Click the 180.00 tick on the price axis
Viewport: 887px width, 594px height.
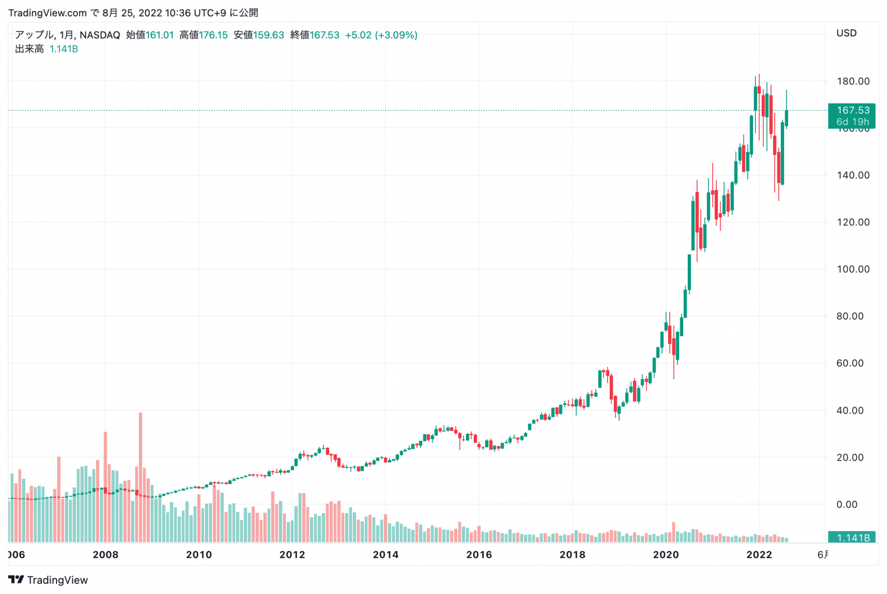coord(853,81)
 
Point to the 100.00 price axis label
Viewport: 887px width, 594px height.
coord(853,269)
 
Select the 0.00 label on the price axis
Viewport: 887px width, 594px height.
coord(847,504)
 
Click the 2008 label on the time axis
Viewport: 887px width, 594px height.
coord(105,555)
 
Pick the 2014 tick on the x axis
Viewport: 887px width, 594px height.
coord(385,555)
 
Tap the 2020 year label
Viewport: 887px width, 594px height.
coord(665,555)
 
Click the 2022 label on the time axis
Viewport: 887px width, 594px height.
coord(759,555)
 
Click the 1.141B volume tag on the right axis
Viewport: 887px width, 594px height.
coord(852,538)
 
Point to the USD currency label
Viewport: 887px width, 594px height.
coord(847,33)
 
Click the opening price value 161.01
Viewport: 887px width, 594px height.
coord(159,35)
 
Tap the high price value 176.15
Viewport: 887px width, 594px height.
coord(213,35)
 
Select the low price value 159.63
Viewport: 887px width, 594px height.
coord(269,35)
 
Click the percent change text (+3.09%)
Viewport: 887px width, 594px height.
coord(396,35)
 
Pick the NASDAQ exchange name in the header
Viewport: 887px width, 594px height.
coord(100,35)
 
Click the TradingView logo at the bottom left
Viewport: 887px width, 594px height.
coord(48,580)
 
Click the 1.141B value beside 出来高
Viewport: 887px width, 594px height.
coord(64,49)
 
